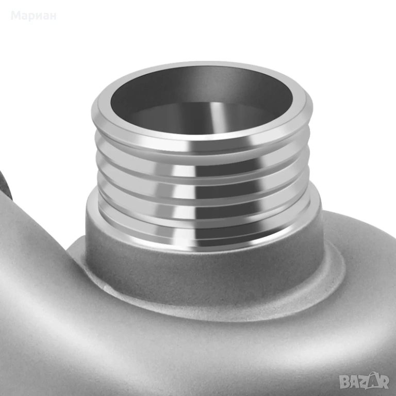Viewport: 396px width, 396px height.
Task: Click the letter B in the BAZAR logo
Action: click(x=344, y=382)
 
